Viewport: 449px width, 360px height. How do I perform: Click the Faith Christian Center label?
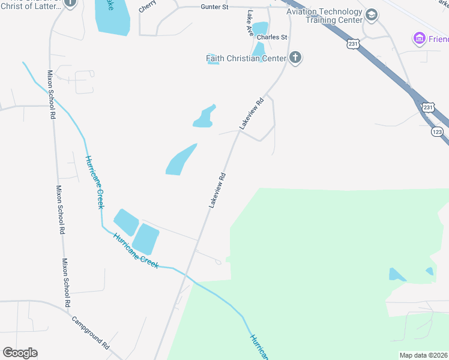pyautogui.click(x=246, y=59)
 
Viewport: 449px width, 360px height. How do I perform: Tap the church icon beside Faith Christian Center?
pyautogui.click(x=295, y=58)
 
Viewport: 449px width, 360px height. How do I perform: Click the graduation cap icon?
pyautogui.click(x=371, y=14)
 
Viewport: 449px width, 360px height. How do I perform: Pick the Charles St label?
pyautogui.click(x=272, y=37)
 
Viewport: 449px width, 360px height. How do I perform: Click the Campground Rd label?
pyautogui.click(x=91, y=333)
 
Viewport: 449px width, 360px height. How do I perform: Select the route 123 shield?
pyautogui.click(x=437, y=131)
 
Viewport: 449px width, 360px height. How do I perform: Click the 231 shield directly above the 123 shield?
pyautogui.click(x=427, y=107)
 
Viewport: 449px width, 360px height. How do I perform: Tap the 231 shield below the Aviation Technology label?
pyautogui.click(x=353, y=44)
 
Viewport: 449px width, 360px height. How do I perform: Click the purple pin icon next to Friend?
pyautogui.click(x=419, y=40)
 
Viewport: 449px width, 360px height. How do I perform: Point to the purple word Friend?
pyautogui.click(x=438, y=40)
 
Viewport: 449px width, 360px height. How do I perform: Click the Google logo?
pyautogui.click(x=20, y=353)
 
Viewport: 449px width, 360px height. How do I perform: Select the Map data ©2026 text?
pyautogui.click(x=424, y=355)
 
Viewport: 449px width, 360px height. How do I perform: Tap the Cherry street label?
pyautogui.click(x=147, y=8)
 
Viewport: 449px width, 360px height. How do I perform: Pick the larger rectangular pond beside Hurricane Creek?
pyautogui.click(x=145, y=238)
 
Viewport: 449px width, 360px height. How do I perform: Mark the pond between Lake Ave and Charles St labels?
pyautogui.click(x=260, y=28)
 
